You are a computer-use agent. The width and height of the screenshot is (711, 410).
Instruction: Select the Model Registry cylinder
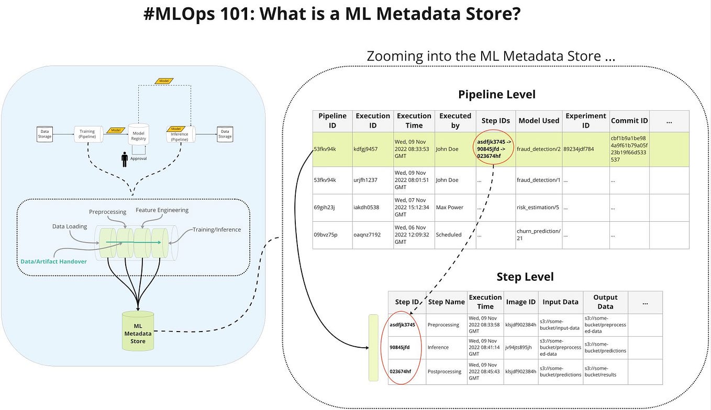[x=139, y=135]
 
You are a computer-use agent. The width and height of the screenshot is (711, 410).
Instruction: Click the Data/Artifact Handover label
[x=53, y=261]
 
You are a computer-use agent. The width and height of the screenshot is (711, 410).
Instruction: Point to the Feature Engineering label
[x=162, y=210]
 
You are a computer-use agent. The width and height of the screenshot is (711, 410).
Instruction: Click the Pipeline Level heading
[x=496, y=95]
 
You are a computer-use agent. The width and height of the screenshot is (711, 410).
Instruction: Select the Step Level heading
[x=525, y=277]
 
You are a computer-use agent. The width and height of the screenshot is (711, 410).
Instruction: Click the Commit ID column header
[x=629, y=121]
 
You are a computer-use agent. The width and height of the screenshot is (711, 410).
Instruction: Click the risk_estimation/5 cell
[x=538, y=207]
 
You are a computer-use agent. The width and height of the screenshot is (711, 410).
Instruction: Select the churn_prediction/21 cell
[x=538, y=234]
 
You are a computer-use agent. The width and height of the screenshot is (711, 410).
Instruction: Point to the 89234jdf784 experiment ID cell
[x=586, y=149]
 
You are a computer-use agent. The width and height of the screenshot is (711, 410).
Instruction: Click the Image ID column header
[x=520, y=302]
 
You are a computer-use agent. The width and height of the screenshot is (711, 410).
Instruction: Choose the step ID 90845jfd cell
[x=399, y=347]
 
